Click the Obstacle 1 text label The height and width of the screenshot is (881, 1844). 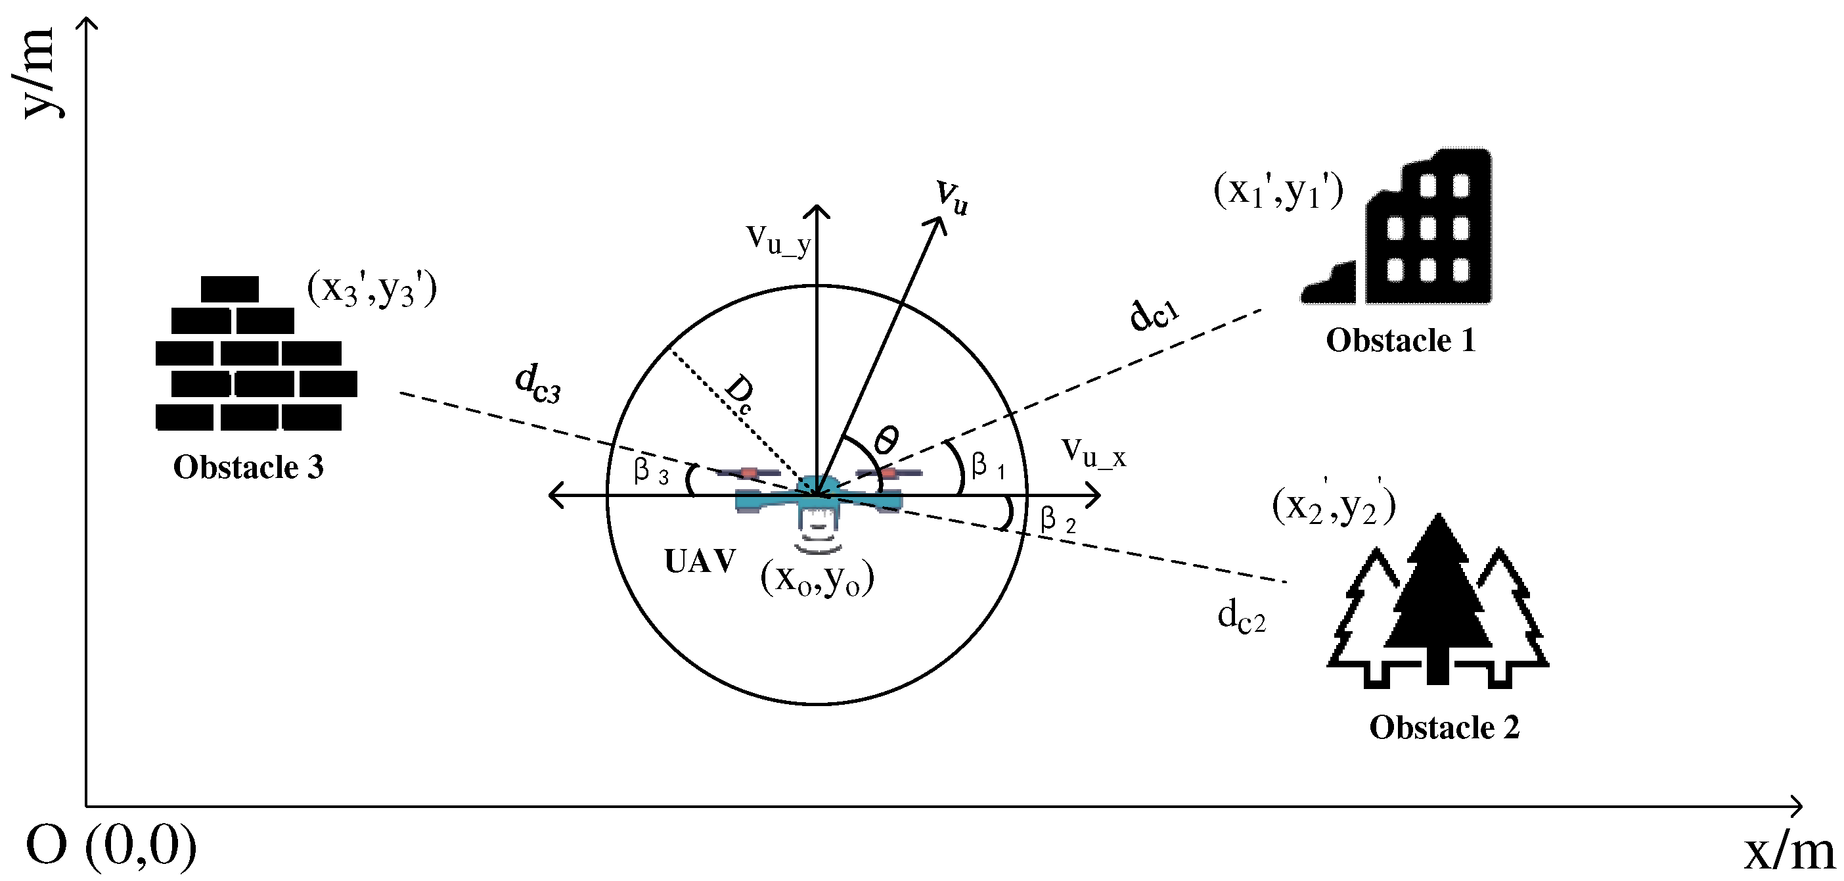(1401, 340)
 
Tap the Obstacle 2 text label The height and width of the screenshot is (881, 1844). (1444, 728)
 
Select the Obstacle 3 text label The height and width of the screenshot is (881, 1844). (248, 467)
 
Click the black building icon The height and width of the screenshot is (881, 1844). (1397, 226)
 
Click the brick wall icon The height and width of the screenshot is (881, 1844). (256, 353)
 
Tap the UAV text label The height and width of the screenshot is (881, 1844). (700, 561)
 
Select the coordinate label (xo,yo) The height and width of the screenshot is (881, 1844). (817, 579)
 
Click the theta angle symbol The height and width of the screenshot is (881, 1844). (886, 439)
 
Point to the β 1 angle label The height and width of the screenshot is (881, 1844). (988, 466)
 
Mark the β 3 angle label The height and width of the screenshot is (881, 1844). (651, 472)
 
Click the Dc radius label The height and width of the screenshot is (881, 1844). (738, 394)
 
